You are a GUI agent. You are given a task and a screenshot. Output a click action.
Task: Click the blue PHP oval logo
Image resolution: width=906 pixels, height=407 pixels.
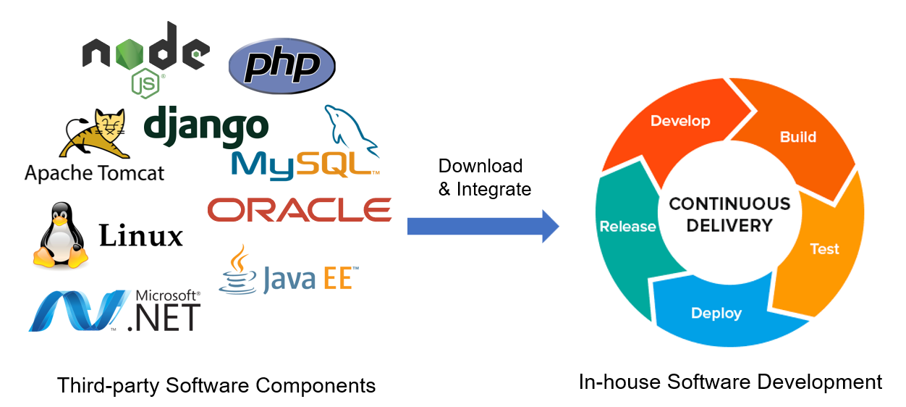282,66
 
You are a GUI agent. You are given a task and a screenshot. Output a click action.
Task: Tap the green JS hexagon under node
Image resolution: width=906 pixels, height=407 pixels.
145,84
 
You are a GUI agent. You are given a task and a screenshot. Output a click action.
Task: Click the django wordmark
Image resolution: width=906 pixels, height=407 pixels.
206,126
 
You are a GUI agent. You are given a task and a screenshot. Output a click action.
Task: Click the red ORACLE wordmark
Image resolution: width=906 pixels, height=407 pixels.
300,210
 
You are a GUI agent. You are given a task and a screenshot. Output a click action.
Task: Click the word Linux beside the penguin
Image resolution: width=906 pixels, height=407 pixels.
141,235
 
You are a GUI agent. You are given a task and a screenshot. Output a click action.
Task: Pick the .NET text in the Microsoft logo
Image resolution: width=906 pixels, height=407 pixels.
164,318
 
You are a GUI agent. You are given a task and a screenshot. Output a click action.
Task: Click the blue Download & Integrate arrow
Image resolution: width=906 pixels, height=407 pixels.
483,226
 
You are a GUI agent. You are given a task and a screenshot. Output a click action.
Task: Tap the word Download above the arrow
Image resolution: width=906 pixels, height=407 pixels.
480,166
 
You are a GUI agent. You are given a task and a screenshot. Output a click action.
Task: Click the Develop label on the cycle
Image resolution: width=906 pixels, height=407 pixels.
680,121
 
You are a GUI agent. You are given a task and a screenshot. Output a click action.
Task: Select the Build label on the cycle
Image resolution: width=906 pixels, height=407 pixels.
798,137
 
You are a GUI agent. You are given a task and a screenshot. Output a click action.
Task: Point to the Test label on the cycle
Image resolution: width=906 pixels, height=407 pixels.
825,248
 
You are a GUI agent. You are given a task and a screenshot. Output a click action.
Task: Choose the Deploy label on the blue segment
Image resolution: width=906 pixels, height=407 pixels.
716,314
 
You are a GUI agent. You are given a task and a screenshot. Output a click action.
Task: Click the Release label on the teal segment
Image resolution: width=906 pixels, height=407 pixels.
627,227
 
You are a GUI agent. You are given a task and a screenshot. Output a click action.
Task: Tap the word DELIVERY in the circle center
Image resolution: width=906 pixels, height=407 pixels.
729,225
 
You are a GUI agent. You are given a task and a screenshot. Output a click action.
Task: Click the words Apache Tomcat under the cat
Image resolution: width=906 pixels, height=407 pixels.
95,173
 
